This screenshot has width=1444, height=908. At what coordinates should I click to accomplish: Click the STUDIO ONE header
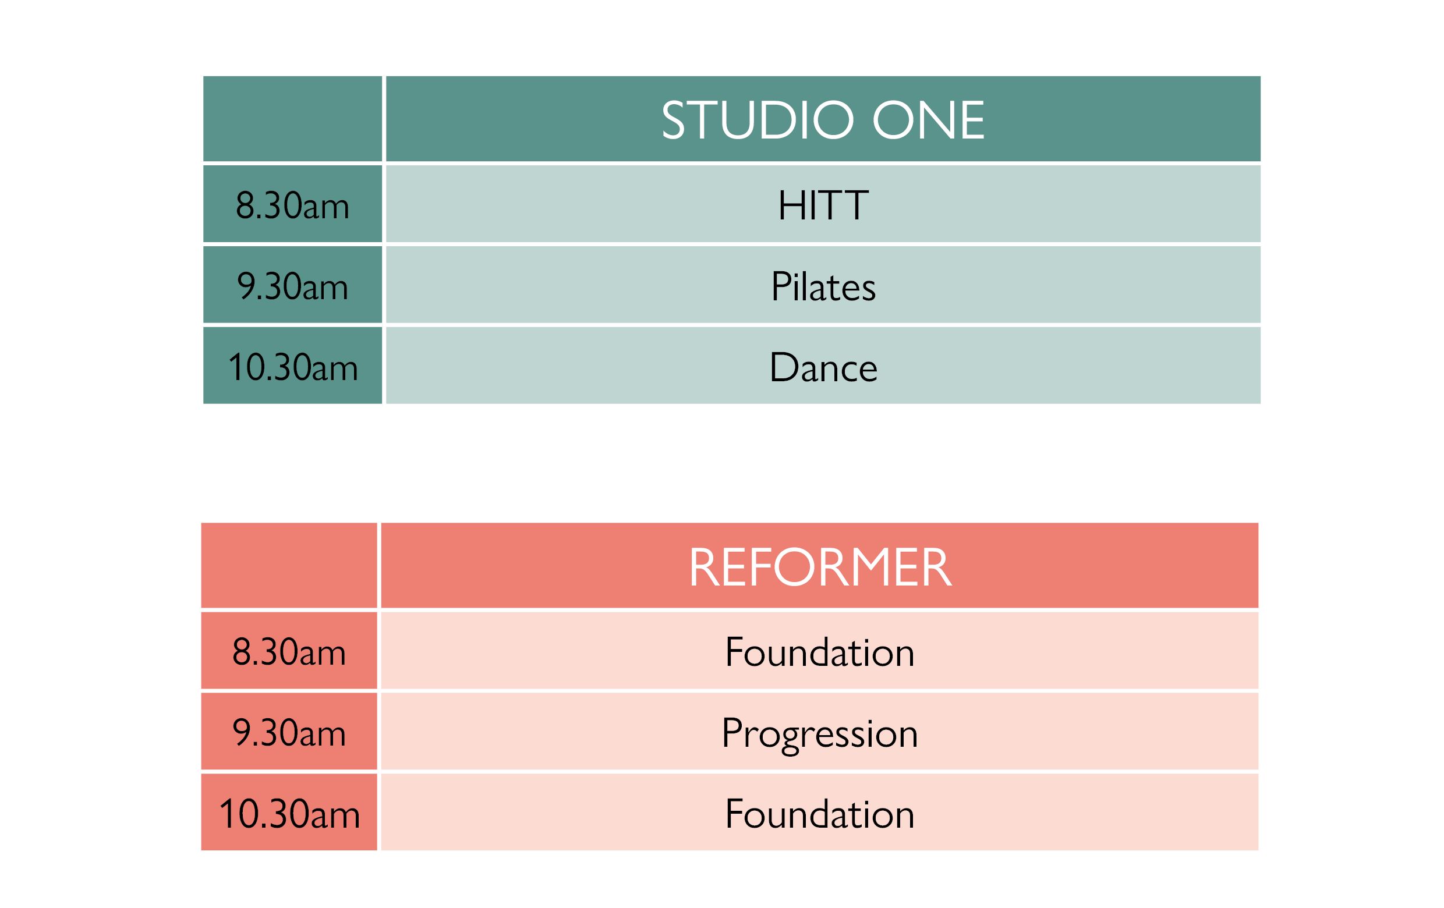pyautogui.click(x=823, y=120)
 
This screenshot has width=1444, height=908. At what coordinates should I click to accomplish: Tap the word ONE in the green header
pyautogui.click(x=928, y=120)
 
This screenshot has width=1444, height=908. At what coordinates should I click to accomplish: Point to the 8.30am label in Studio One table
pyautogui.click(x=293, y=205)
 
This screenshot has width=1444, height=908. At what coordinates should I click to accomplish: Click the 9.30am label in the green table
pyautogui.click(x=293, y=286)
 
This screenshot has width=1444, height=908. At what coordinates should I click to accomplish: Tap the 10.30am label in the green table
pyautogui.click(x=293, y=367)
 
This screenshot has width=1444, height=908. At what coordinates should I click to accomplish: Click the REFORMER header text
pyautogui.click(x=820, y=567)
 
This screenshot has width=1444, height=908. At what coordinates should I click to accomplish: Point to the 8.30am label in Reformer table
pyautogui.click(x=289, y=652)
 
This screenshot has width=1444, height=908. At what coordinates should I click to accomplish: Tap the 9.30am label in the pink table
pyautogui.click(x=289, y=733)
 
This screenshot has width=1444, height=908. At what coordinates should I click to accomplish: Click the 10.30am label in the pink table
pyautogui.click(x=289, y=814)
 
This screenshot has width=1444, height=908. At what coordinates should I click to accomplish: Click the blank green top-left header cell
pyautogui.click(x=293, y=119)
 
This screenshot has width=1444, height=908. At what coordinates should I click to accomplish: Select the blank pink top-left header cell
pyautogui.click(x=289, y=565)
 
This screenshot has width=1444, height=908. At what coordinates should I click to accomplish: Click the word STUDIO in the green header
pyautogui.click(x=758, y=120)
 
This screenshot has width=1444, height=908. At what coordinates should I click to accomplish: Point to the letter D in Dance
pyautogui.click(x=783, y=367)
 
